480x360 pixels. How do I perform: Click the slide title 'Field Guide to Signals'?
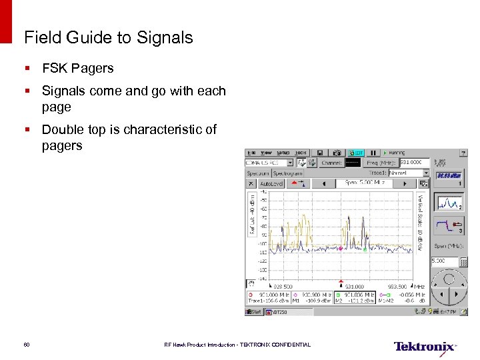coord(108,37)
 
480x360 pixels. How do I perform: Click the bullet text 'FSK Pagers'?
coord(77,68)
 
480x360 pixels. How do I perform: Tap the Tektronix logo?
coord(425,346)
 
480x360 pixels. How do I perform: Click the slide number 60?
coord(27,345)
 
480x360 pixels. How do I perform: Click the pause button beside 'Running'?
coord(374,153)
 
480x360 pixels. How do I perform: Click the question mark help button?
coord(464,153)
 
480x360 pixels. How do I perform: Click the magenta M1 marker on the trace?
coord(340,249)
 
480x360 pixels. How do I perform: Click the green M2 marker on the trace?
coord(365,249)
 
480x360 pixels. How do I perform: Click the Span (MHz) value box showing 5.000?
coord(441,261)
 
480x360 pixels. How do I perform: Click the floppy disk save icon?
coord(320,153)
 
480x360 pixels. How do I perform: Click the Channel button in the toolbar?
coord(331,163)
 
